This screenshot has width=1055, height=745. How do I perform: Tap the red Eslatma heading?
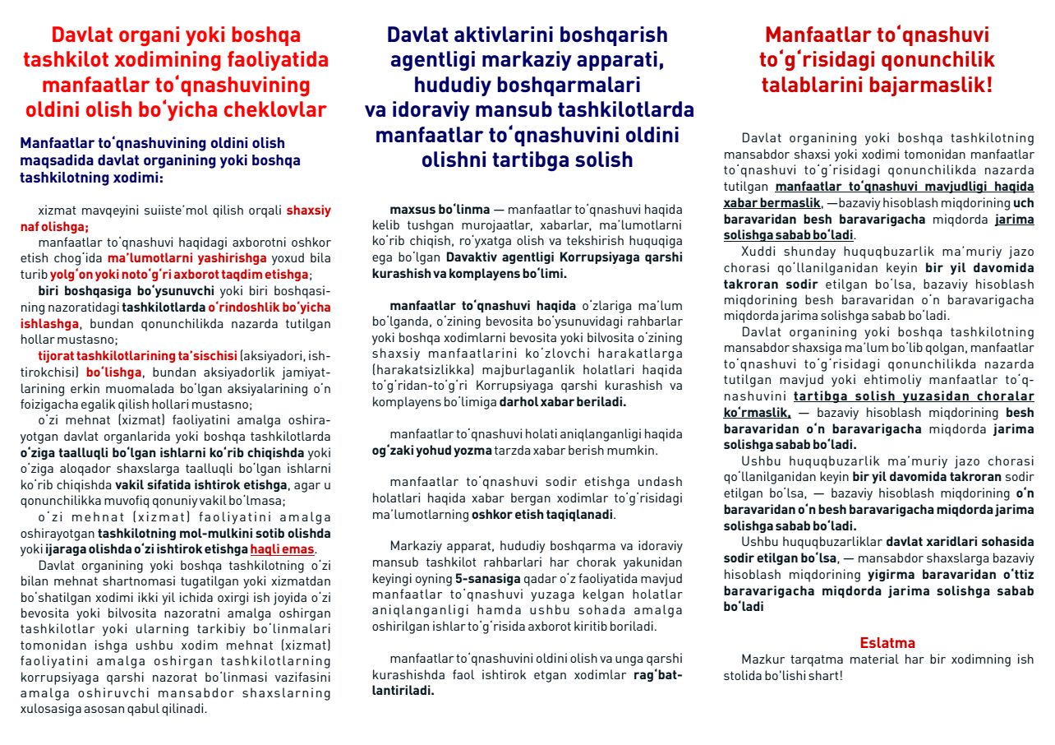(887, 643)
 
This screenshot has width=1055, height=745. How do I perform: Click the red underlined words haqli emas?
(282, 549)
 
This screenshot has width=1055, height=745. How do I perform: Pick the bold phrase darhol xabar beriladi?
(563, 402)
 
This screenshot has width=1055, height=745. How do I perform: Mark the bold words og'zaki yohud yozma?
(431, 450)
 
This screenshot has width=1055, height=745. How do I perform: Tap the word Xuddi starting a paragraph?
(758, 252)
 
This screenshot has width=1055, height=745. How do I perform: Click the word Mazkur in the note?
(761, 659)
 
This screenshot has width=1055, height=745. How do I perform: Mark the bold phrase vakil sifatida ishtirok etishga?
(201, 484)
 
